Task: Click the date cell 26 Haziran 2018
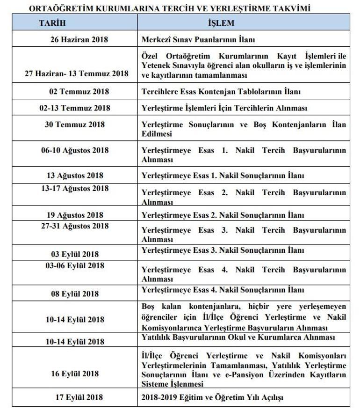(79, 39)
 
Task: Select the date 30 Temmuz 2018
(79, 124)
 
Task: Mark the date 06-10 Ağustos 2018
(79, 150)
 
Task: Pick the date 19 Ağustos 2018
(79, 215)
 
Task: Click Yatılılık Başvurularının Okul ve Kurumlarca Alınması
(238, 337)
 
